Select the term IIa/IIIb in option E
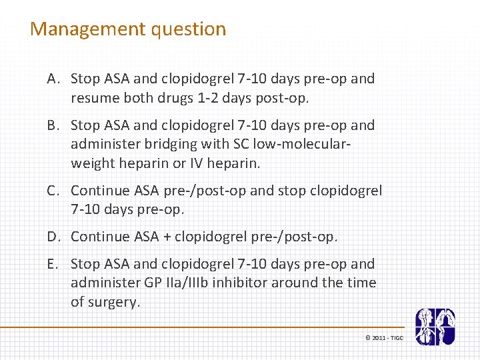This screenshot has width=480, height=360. pos(184,283)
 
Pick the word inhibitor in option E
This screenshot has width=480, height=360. pos(242,283)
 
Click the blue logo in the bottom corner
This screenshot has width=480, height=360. pos(435,327)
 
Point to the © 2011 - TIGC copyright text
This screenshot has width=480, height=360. pos(384,338)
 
